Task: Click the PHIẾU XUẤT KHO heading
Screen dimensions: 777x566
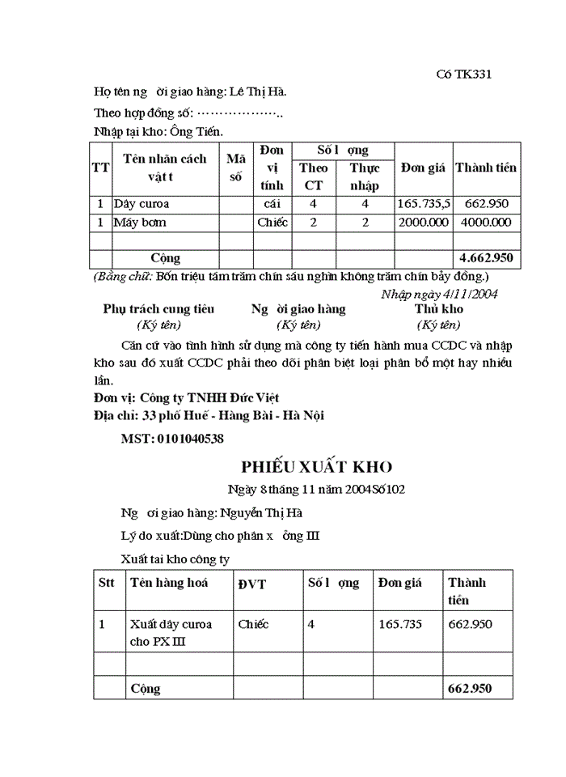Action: [x=317, y=467]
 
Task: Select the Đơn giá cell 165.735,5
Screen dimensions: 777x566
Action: [x=424, y=204]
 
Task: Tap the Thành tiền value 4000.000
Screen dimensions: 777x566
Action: [x=485, y=222]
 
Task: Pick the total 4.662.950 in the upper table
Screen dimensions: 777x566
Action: [x=485, y=258]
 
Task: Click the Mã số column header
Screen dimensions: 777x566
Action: [x=235, y=168]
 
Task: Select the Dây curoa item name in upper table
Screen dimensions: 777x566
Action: [x=141, y=204]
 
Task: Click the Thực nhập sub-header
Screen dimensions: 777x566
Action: [x=365, y=176]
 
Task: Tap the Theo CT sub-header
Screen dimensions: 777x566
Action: [x=313, y=176]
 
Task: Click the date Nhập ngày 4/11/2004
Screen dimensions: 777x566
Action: [x=439, y=294]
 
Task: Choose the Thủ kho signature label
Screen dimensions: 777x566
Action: [x=439, y=309]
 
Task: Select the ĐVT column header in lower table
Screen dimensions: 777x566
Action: [x=252, y=584]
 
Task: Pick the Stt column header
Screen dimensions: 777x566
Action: [x=107, y=582]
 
